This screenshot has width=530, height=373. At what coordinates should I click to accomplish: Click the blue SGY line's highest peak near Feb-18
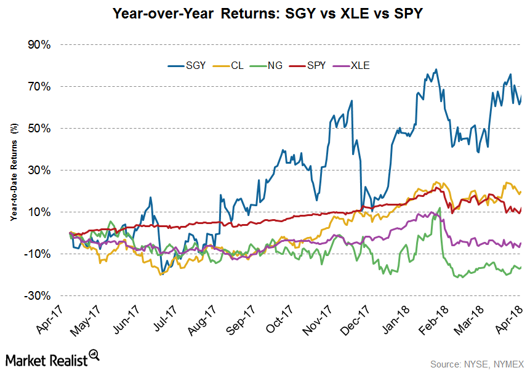click(436, 70)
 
